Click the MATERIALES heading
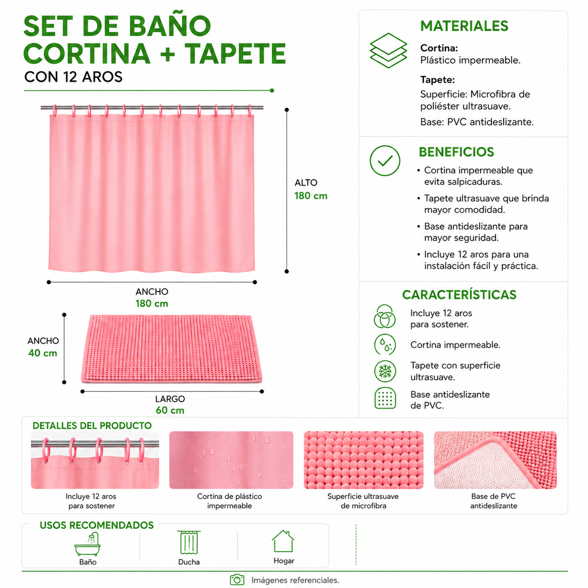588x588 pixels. [x=464, y=26]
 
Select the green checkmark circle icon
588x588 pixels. [x=385, y=161]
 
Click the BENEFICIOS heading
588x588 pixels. [x=456, y=152]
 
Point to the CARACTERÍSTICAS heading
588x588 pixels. [x=459, y=295]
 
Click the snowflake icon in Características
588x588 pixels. [x=385, y=371]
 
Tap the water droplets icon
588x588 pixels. [x=385, y=344]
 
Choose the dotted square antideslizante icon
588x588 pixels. [x=385, y=398]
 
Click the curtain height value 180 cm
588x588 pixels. [x=311, y=196]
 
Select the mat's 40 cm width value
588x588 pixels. [x=43, y=353]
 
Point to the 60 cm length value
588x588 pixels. [x=170, y=410]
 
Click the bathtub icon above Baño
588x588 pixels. [x=88, y=544]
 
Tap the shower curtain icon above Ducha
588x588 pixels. [x=189, y=542]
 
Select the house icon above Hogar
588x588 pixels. [x=283, y=541]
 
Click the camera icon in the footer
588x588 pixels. [x=237, y=580]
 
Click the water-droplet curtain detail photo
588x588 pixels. [x=231, y=460]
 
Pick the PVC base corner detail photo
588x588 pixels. [x=495, y=460]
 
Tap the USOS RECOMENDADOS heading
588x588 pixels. [x=97, y=525]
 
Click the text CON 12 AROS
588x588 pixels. [x=73, y=77]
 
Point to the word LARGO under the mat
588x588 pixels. [x=170, y=399]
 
